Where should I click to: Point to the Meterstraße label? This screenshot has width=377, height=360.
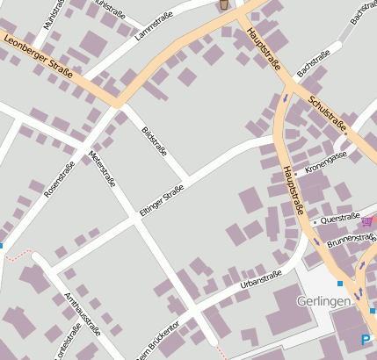102,169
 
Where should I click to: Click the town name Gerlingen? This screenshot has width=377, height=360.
324,301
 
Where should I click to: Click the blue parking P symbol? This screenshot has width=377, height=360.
366,339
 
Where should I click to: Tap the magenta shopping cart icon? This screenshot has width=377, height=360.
366,220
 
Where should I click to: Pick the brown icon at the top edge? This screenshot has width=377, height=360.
224,4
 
